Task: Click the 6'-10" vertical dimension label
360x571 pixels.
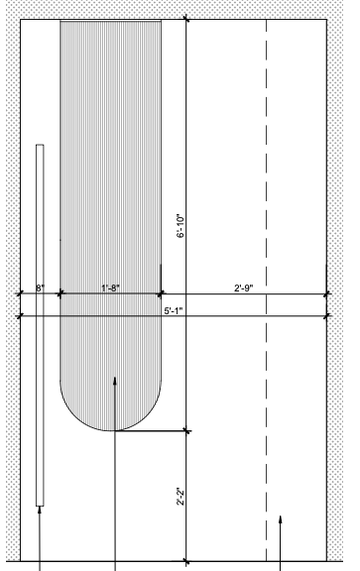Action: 180,226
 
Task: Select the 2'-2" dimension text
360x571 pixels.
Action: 180,497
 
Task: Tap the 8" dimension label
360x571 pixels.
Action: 40,288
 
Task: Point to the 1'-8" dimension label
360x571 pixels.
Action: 110,288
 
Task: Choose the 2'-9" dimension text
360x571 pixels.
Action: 244,288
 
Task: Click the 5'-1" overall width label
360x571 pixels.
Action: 174,311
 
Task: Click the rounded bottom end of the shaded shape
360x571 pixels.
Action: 110,430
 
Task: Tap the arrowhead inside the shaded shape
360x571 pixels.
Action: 115,381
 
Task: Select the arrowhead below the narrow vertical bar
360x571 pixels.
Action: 40,510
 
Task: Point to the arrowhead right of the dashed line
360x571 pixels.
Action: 280,519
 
